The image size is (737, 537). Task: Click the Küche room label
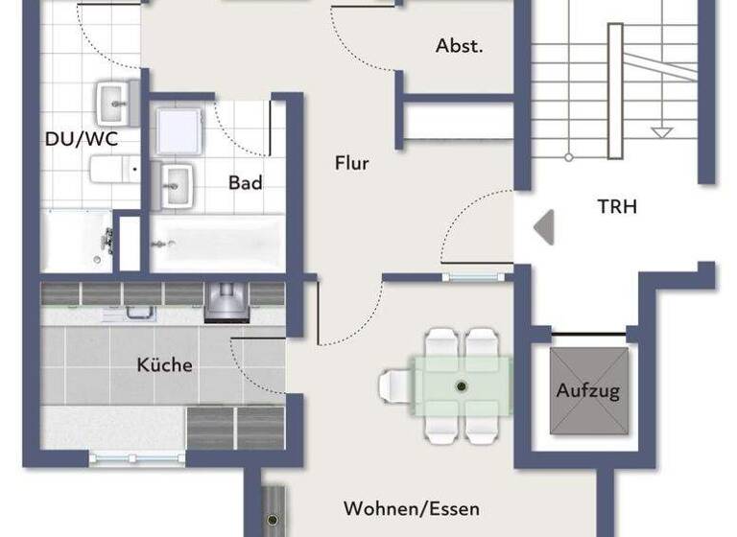(164, 364)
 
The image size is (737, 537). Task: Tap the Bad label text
(245, 182)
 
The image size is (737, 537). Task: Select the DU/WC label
(82, 139)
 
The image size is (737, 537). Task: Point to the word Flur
(351, 163)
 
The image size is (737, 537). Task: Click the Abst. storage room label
(459, 45)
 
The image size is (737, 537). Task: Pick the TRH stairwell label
(617, 205)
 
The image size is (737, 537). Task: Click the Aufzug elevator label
(588, 390)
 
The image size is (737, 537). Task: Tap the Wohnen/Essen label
(412, 508)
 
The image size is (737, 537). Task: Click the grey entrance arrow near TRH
(544, 227)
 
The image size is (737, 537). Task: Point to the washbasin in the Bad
(177, 182)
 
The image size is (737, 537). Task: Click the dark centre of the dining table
(461, 385)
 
